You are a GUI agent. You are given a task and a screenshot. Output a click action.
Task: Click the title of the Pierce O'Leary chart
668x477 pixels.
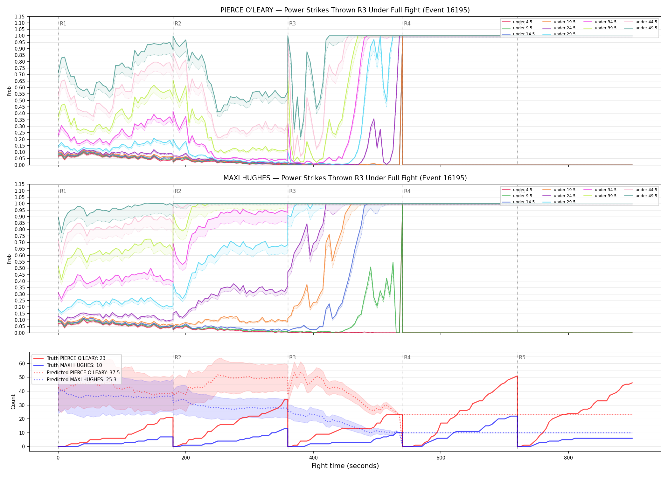point(345,10)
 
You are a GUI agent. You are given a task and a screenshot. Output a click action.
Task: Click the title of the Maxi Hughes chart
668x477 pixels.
point(345,178)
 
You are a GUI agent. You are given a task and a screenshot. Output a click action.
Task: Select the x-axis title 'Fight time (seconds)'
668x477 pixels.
point(345,466)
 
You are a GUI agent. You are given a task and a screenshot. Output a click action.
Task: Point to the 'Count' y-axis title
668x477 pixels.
point(13,402)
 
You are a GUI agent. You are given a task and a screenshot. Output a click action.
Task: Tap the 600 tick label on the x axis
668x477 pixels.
point(441,458)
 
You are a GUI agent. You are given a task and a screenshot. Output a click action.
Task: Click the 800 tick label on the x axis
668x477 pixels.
point(568,458)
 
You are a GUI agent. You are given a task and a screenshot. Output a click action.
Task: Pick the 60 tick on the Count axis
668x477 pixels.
point(22,363)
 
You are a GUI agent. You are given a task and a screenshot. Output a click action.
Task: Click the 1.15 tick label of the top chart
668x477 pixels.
point(20,17)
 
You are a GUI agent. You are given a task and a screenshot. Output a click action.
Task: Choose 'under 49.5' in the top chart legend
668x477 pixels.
point(646,28)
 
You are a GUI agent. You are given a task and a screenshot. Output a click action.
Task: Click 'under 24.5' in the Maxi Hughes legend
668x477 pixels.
point(564,196)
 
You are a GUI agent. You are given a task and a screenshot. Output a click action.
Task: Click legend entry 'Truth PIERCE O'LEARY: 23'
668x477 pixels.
point(76,358)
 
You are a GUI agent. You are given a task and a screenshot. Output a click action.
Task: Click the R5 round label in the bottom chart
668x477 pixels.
point(522,357)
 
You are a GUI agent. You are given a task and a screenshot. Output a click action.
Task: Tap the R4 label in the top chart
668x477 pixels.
point(407,24)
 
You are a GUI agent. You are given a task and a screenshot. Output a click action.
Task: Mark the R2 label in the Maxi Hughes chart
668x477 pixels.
point(178,191)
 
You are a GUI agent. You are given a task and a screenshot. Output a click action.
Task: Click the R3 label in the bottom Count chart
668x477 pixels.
point(292,357)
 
